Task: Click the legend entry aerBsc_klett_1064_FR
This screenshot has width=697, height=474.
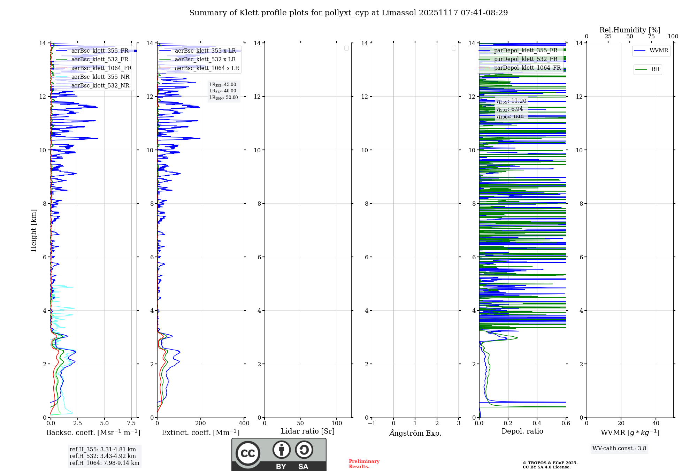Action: tap(101, 68)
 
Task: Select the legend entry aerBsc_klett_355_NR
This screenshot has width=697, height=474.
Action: tap(100, 77)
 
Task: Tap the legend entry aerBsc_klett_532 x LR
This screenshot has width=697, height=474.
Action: tap(205, 60)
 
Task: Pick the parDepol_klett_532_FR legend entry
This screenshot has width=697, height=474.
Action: tap(526, 59)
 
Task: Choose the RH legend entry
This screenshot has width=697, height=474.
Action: tap(655, 69)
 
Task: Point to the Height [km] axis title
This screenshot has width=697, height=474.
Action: tap(33, 230)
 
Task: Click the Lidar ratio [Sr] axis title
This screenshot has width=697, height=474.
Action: tap(308, 431)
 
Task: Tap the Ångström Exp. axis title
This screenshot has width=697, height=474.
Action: tap(415, 433)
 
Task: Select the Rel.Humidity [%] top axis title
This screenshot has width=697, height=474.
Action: tap(630, 30)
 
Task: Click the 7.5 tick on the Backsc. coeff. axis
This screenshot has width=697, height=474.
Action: tap(131, 423)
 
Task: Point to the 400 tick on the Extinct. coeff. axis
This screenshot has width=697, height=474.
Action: tap(244, 423)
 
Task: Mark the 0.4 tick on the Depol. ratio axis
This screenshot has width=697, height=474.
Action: tap(537, 423)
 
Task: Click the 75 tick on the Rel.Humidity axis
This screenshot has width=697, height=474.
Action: tap(651, 37)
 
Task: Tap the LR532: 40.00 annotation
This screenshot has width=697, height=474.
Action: tap(223, 91)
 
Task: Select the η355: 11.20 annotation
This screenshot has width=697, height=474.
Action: tap(512, 101)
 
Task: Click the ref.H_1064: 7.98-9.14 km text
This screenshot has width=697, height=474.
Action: tap(104, 463)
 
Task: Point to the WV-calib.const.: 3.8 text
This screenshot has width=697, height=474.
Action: tap(619, 449)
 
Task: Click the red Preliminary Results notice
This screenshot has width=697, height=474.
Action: tap(364, 464)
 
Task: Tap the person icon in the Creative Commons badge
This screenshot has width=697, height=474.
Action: tap(281, 450)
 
